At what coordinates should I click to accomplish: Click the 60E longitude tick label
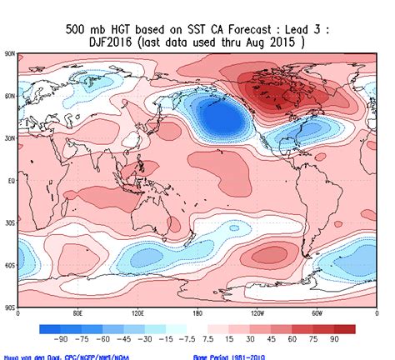click(77, 315)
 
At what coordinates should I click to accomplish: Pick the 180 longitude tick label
click(197, 315)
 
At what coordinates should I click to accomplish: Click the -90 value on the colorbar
click(60, 340)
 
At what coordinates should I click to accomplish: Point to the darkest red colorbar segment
click(344, 328)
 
